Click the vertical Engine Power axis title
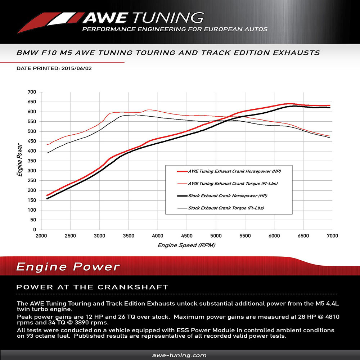(x=19, y=161)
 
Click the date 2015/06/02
(x=76, y=68)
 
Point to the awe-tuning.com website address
(x=180, y=355)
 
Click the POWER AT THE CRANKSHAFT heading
(x=93, y=287)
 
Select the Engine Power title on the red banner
(x=68, y=267)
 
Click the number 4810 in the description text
(x=328, y=317)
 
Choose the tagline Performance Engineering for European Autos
(x=175, y=29)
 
